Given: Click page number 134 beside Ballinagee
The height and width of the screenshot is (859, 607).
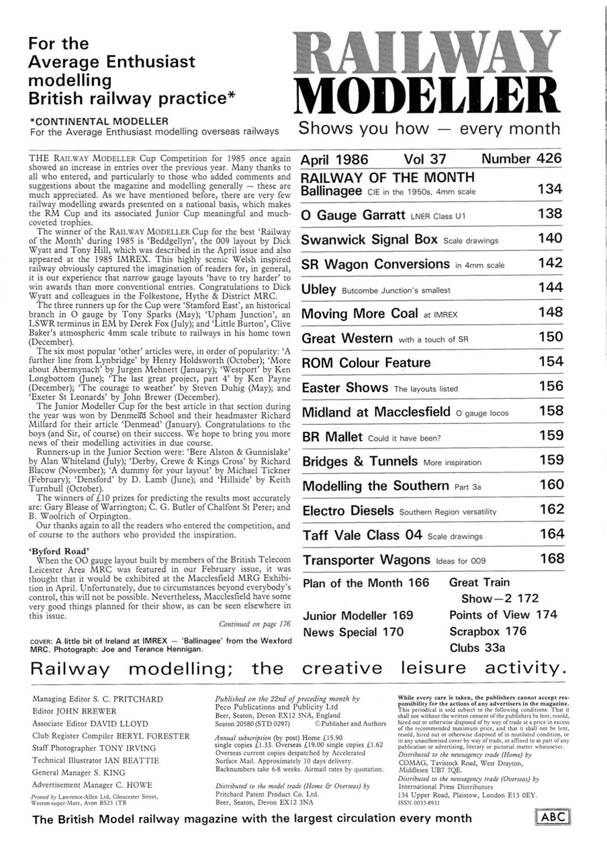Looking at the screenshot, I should (550, 190).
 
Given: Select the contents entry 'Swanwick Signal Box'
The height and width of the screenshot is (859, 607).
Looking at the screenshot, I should (369, 239).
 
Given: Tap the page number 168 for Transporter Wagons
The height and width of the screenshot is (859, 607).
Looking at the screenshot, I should (550, 559).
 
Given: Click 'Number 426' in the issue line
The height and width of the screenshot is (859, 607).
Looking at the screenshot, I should (521, 160).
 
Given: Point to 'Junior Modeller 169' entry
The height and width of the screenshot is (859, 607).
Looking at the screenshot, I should (357, 615).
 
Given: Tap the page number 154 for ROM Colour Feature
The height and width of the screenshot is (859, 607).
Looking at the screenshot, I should (550, 362).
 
